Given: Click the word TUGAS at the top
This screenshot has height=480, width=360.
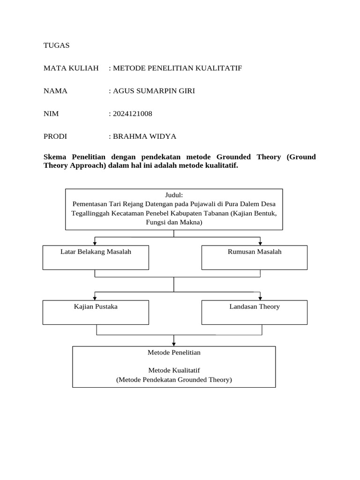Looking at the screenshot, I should [x=56, y=45].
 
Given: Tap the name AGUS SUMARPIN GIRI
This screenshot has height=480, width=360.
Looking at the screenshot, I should [x=154, y=91].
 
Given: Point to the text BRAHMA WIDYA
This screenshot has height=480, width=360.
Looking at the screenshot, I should [x=144, y=136].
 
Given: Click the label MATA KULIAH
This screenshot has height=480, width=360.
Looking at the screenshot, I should [x=71, y=68].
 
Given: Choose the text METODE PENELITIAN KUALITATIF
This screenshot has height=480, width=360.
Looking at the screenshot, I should [x=177, y=68].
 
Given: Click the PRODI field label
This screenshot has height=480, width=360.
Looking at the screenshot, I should [x=55, y=136].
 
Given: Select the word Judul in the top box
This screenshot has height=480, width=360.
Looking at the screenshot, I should [x=173, y=195].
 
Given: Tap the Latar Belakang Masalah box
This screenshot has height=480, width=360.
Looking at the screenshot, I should [x=96, y=257].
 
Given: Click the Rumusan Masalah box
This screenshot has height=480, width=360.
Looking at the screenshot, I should [x=255, y=257].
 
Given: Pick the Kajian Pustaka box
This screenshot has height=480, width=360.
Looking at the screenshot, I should [x=96, y=312].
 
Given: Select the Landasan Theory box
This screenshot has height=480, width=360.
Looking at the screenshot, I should [x=255, y=312].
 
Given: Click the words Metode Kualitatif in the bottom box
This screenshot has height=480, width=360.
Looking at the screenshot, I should [x=174, y=370].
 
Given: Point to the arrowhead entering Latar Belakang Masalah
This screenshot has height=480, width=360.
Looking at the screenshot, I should [x=95, y=243].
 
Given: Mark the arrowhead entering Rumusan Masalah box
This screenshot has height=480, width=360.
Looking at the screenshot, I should [x=260, y=243].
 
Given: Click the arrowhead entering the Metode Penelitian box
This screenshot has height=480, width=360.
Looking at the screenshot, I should [x=174, y=344].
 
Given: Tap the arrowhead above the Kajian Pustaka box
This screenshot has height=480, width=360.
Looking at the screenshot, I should [x=95, y=298].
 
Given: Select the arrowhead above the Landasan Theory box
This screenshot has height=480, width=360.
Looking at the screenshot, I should [x=260, y=298].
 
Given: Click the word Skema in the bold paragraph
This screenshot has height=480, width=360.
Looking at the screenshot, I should [x=56, y=157].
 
